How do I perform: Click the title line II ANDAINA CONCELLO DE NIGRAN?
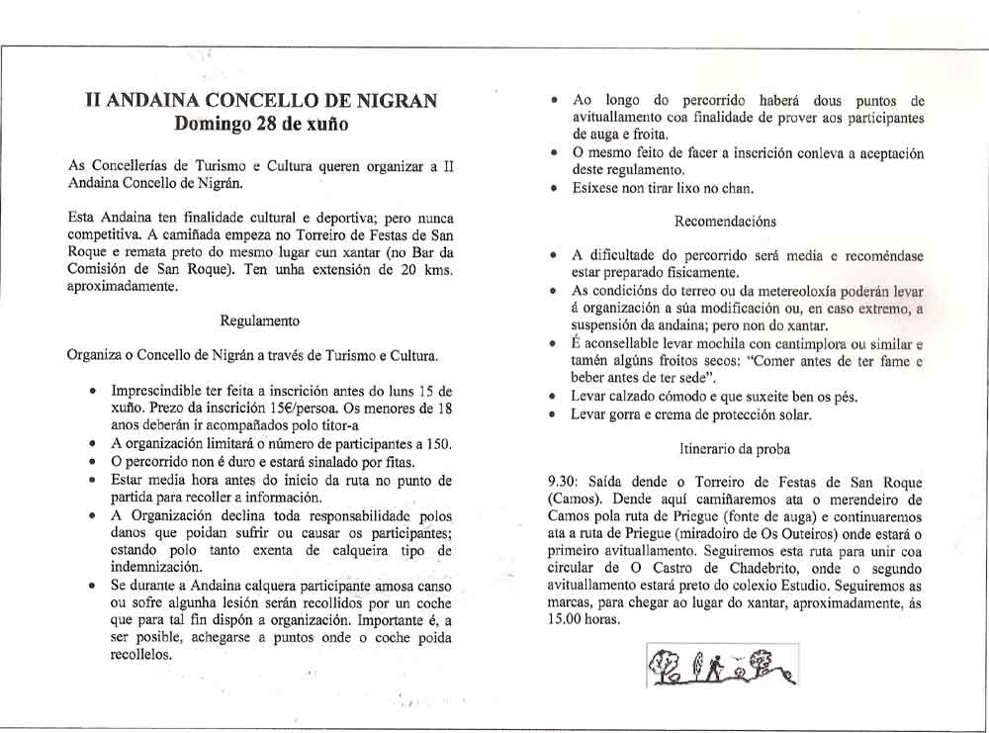point(262,102)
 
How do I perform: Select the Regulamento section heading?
point(261,321)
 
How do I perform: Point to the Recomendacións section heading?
point(725,222)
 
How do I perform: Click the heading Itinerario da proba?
point(734,448)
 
